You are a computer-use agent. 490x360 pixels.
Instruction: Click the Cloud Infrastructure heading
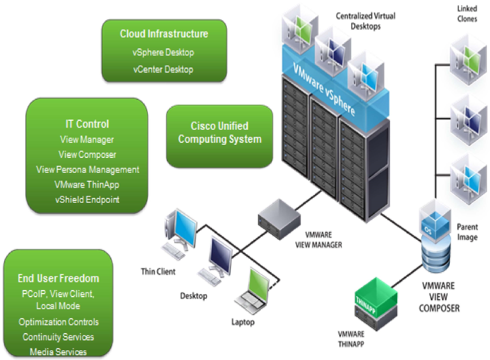[x=164, y=34]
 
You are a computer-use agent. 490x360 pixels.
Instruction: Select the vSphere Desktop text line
[x=163, y=53]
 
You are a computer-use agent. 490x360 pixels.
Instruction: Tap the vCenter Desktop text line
[x=163, y=69]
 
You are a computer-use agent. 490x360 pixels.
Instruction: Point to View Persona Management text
[x=87, y=170]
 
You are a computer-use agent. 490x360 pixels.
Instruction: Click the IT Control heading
[x=87, y=124]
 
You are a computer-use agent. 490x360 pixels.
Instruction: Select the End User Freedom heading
[x=58, y=278]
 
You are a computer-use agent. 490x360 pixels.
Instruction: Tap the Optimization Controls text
[x=59, y=322]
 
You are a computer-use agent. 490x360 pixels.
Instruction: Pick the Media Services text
[x=59, y=352]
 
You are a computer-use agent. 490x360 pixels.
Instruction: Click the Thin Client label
[x=158, y=272]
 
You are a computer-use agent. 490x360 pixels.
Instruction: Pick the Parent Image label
[x=467, y=232]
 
